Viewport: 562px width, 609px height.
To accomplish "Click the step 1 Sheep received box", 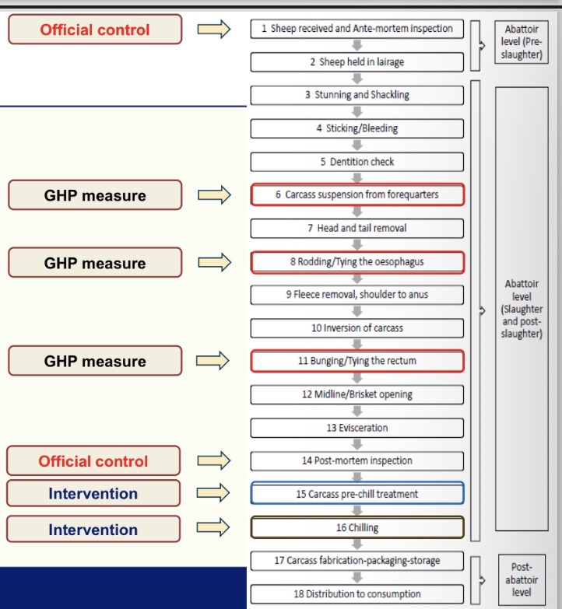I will (357, 29).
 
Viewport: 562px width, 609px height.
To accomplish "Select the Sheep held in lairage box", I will (357, 62).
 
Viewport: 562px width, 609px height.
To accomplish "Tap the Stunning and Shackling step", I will (357, 95).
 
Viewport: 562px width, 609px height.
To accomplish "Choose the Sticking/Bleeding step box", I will (357, 128).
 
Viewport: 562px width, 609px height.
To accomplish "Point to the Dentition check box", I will (357, 162).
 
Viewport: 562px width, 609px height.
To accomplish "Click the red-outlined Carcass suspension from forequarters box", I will (357, 194).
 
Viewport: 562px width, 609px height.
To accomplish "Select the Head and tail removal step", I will (357, 228).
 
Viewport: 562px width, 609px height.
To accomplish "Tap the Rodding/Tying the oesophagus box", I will (357, 261).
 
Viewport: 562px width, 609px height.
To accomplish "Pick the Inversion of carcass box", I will (357, 327).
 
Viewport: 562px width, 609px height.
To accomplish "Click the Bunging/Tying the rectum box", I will (357, 361).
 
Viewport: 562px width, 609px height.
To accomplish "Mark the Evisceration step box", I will (357, 427).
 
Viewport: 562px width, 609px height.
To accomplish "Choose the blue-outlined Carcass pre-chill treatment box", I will (357, 494).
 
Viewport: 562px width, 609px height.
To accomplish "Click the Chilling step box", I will (357, 527).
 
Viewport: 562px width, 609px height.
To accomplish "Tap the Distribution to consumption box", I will (357, 594).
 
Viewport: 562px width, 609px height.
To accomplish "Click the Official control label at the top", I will (95, 30).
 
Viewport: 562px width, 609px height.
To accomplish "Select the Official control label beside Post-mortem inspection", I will (93, 460).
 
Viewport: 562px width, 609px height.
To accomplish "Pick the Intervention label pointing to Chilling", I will (93, 530).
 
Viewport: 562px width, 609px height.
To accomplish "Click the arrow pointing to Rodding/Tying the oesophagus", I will (214, 263).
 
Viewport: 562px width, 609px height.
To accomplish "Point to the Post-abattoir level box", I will (521, 579).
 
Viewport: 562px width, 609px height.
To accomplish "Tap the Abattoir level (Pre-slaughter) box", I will (521, 43).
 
